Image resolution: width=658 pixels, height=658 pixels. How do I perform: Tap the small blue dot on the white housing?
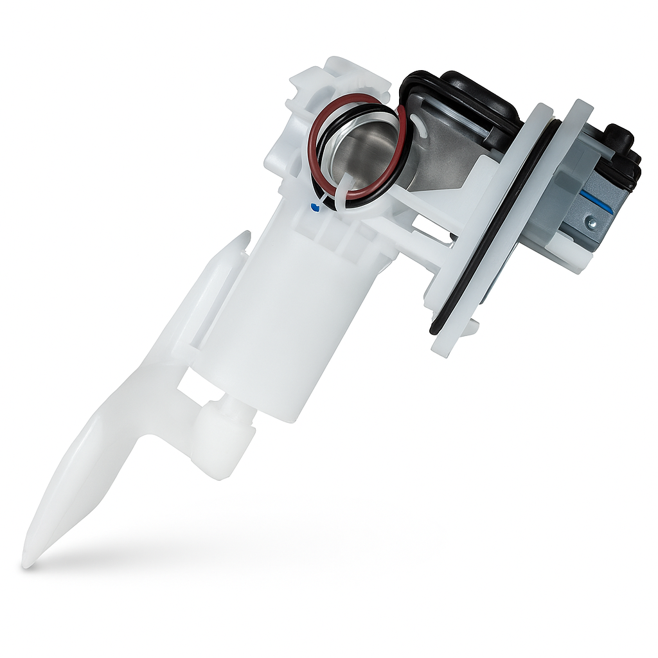click(313, 207)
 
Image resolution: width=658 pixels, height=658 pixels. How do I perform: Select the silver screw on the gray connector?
click(591, 223)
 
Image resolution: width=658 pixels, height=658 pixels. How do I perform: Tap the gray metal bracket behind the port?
click(450, 154)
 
